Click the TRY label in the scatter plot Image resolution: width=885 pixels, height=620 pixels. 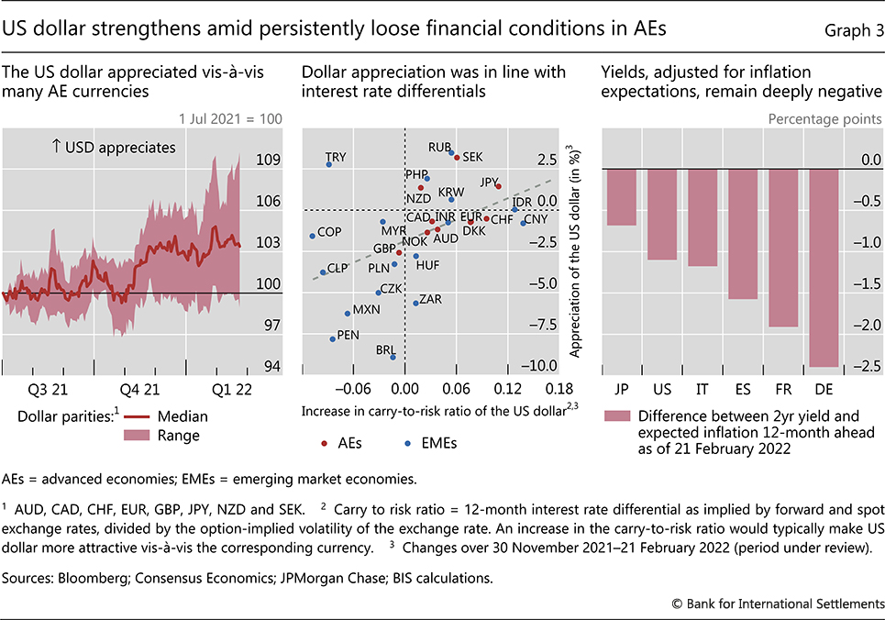(336, 157)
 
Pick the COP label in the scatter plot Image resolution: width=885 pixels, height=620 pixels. (329, 232)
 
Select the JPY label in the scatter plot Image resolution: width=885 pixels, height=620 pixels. (489, 182)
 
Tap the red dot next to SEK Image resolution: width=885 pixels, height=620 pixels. (457, 159)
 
